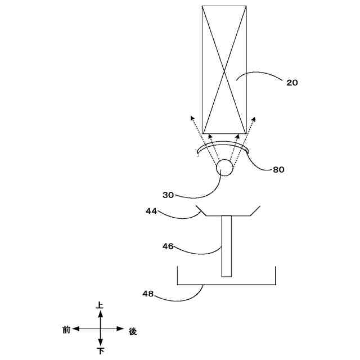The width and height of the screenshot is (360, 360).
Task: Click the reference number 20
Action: point(292,83)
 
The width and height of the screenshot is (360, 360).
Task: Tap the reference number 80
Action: point(278,169)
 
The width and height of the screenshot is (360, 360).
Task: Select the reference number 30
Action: point(168,195)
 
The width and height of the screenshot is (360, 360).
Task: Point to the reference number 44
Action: point(151,211)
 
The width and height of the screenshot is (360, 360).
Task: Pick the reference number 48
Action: point(148,294)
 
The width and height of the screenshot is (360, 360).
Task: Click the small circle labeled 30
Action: point(225,168)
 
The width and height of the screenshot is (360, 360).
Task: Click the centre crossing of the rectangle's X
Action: point(224,70)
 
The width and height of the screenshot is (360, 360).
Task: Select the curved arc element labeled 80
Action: point(224,146)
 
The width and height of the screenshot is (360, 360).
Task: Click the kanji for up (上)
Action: point(100,305)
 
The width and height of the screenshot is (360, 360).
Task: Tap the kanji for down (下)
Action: point(100,352)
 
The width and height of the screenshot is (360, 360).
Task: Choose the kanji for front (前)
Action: point(66,330)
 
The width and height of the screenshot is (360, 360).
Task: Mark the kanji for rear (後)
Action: point(133,331)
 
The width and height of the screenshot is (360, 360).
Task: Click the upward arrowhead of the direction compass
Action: point(100,313)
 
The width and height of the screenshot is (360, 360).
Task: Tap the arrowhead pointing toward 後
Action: point(121,329)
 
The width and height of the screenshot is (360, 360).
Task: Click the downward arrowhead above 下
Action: point(100,343)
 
